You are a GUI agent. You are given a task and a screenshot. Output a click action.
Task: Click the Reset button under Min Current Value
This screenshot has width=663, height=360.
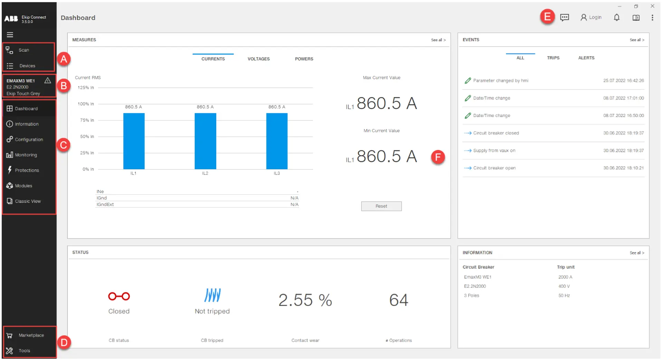[381, 206]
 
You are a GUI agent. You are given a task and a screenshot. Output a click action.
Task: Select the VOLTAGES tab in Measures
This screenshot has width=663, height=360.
[258, 59]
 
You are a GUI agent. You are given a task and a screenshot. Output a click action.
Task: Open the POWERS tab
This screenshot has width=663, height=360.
[304, 59]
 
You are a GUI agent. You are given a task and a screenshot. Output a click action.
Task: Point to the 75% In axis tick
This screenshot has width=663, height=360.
[87, 120]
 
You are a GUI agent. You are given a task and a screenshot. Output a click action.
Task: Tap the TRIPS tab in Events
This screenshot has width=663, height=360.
[553, 58]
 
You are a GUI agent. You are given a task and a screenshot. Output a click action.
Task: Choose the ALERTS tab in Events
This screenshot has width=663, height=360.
[586, 58]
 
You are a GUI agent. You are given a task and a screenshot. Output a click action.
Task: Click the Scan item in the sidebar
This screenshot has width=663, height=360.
[23, 50]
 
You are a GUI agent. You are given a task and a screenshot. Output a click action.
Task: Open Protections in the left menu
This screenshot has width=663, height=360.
[27, 170]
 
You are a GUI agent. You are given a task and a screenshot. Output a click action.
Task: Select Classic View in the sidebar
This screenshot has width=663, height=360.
[28, 201]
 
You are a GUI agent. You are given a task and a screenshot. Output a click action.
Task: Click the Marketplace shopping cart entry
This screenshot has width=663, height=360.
[31, 335]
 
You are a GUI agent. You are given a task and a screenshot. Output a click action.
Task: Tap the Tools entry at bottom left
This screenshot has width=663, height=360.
[24, 351]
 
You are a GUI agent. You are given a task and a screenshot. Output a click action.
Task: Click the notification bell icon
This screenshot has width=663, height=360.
[616, 18]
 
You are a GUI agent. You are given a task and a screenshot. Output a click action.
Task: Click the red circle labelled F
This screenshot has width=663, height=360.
[438, 157]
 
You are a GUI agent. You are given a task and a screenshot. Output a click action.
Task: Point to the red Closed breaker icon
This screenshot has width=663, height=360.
[119, 296]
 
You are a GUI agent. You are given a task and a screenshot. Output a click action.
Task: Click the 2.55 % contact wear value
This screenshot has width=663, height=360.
[305, 300]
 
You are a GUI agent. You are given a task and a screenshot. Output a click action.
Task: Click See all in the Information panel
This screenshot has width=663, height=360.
[636, 253]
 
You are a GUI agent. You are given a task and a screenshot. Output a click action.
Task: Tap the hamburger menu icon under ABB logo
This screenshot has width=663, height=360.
[10, 35]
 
